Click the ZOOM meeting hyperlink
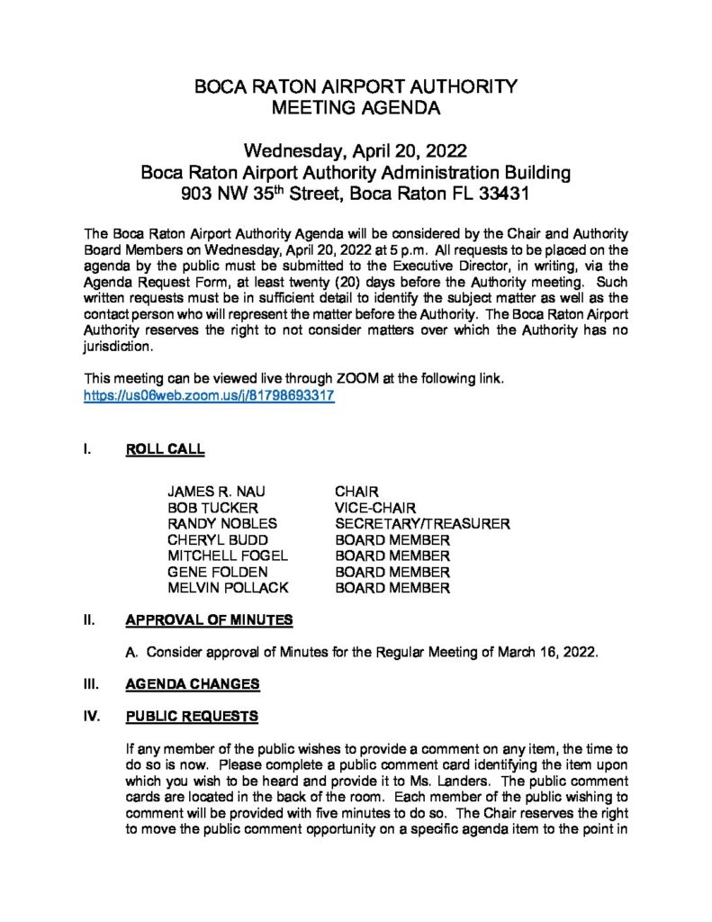(209, 395)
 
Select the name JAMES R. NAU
(217, 492)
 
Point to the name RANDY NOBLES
(222, 524)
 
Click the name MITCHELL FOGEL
(228, 556)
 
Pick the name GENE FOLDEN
(218, 573)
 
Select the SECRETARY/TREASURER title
(423, 524)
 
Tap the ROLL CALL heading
(165, 448)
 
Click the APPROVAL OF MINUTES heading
(209, 620)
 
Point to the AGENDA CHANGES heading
(193, 684)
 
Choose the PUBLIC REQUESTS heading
(192, 717)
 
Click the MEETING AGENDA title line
(356, 110)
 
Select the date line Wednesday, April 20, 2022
(356, 149)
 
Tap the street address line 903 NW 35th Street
(356, 193)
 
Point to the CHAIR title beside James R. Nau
(356, 492)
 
